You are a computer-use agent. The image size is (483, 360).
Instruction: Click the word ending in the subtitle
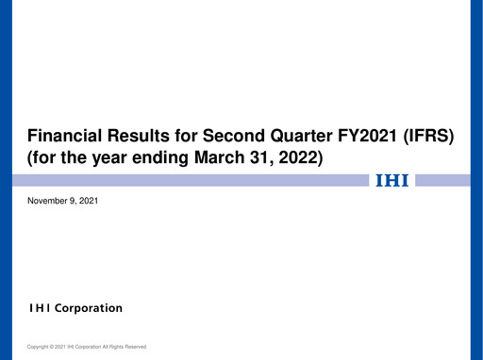(160, 159)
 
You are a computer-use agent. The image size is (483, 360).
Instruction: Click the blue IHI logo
(391, 180)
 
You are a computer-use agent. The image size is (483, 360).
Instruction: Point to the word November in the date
(46, 201)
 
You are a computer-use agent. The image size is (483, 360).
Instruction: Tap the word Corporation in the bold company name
(88, 308)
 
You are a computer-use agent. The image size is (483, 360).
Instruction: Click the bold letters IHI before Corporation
(39, 308)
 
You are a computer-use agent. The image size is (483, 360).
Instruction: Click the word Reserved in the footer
(134, 347)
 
